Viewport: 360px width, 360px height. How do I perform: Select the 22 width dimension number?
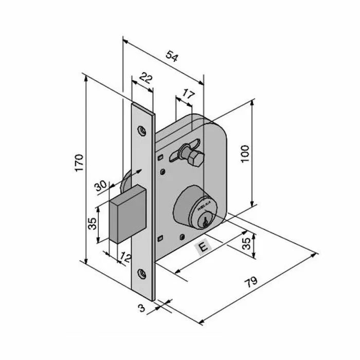[146, 79]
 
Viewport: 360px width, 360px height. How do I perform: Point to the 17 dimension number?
[188, 95]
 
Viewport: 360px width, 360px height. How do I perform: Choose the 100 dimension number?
[245, 154]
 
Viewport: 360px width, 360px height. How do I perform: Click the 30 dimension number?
[100, 185]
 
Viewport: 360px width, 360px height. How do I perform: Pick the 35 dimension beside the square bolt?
[93, 224]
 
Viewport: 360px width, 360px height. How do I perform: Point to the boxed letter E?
[204, 247]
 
